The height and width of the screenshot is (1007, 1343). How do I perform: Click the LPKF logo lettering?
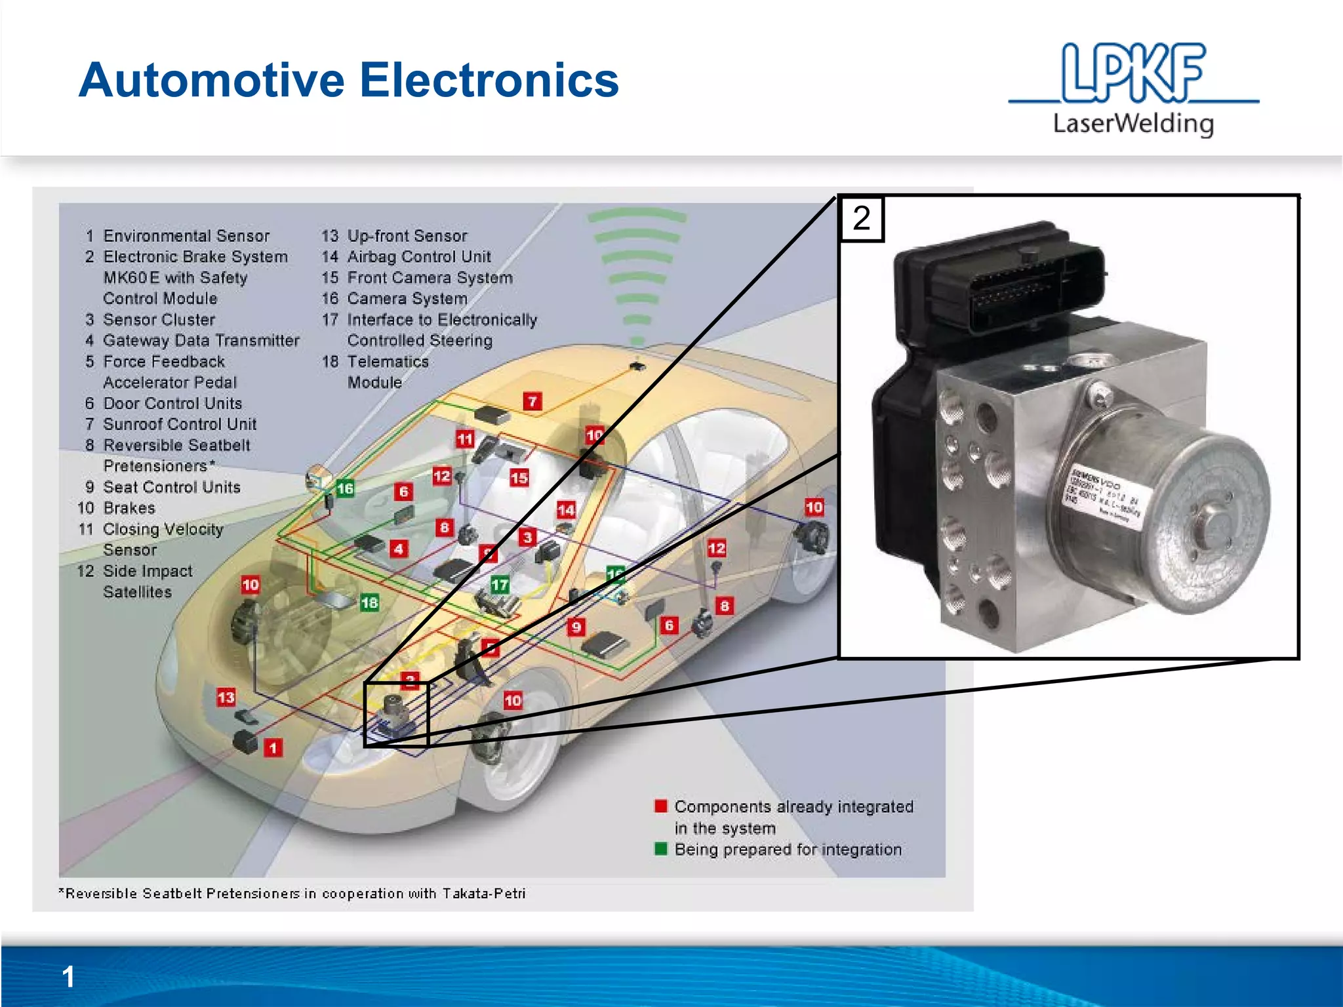(1133, 73)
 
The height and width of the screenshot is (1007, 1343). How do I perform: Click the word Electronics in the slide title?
(489, 80)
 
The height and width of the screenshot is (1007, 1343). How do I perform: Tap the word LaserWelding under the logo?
(1133, 123)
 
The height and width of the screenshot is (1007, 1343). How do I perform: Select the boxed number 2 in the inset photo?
(862, 218)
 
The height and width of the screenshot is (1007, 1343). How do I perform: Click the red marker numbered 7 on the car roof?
(532, 401)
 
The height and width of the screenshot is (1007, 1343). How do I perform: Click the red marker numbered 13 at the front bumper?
(226, 697)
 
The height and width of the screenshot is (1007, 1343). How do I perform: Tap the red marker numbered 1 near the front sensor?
(273, 747)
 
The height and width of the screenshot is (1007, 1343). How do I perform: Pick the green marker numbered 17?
(500, 584)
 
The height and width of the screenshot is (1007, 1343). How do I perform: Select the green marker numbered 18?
(369, 602)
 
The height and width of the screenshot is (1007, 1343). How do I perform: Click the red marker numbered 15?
(519, 477)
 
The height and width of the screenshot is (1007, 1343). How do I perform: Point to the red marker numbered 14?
(566, 509)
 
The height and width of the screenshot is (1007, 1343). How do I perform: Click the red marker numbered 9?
(576, 627)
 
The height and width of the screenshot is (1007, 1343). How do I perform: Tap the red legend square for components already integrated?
(660, 806)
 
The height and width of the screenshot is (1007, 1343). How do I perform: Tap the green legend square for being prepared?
(660, 849)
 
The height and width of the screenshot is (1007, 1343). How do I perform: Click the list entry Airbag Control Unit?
(418, 256)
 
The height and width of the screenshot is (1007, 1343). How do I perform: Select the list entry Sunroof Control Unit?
(179, 424)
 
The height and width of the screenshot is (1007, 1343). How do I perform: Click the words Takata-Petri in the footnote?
(483, 894)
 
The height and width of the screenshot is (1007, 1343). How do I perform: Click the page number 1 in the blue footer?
(68, 977)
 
